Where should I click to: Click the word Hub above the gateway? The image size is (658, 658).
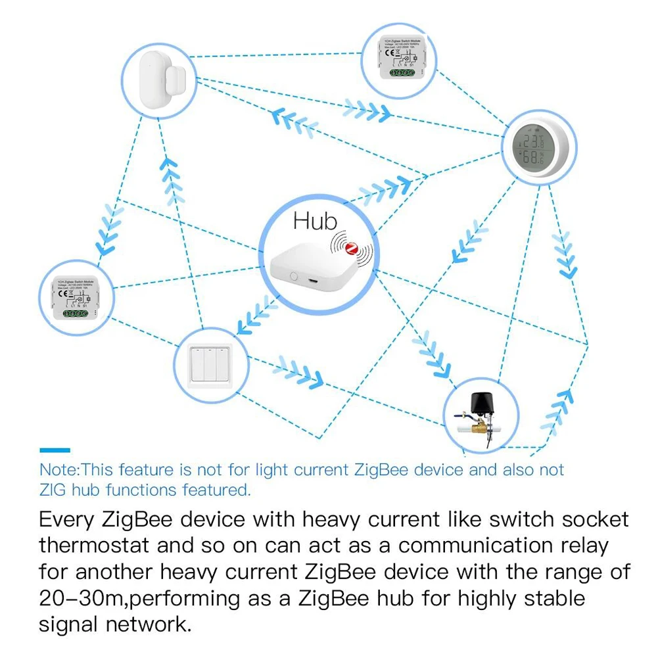(315, 222)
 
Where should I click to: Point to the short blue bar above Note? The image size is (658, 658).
(55, 450)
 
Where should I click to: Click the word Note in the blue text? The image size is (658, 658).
(59, 470)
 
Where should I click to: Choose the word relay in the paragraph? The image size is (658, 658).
(580, 546)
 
